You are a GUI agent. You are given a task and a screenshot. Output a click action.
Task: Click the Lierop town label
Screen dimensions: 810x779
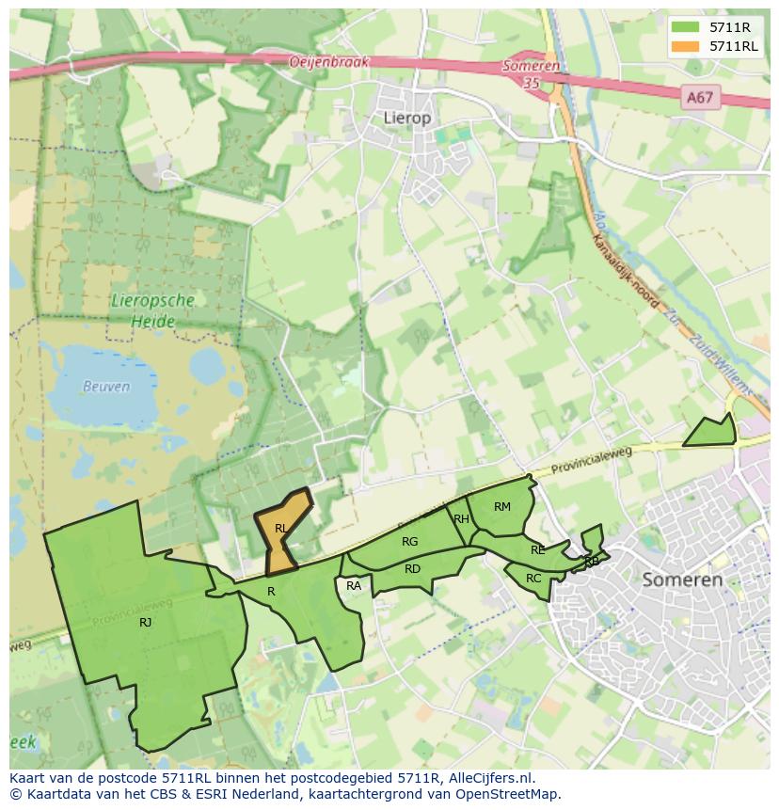pos(407,118)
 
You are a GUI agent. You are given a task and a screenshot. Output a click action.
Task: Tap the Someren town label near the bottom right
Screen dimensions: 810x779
pos(682,580)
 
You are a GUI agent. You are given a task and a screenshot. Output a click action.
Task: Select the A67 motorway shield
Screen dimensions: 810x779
pos(699,97)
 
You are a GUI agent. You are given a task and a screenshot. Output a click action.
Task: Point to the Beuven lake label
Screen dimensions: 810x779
pos(106,387)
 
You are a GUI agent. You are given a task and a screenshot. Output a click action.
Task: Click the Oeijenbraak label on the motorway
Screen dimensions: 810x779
pos(329,62)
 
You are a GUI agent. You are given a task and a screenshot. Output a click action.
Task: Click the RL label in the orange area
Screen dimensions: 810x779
pos(280,529)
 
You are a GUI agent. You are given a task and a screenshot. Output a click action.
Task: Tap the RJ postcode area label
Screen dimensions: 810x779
pos(146,622)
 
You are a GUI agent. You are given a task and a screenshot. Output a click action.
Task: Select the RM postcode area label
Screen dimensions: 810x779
pos(502,507)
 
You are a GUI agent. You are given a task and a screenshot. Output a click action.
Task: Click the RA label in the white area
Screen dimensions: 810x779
pos(354,586)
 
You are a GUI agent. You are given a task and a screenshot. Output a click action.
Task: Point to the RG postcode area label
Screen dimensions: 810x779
pos(409,541)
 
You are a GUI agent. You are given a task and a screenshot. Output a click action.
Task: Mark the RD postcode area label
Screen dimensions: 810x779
pos(412,569)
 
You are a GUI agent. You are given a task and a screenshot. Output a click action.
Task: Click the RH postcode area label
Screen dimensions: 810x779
pos(461,519)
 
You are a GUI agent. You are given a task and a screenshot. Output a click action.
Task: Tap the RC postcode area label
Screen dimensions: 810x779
pos(533,579)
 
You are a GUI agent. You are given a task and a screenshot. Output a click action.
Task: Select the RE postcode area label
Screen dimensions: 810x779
pos(537,550)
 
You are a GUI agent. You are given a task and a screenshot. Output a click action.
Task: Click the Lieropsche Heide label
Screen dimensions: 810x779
pos(152,311)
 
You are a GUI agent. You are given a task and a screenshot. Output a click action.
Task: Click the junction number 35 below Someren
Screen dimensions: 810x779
pos(533,83)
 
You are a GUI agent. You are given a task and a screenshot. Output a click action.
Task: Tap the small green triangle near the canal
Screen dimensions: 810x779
pos(712,433)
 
